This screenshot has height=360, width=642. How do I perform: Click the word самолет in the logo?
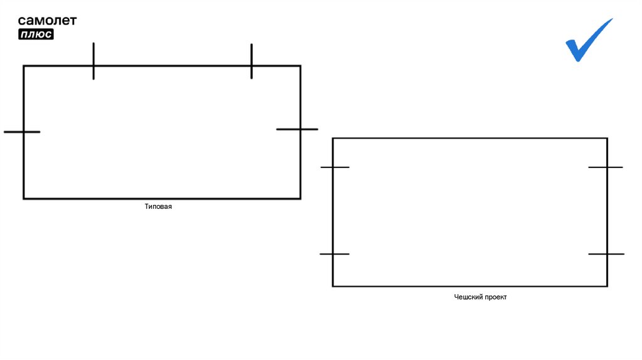tap(47, 21)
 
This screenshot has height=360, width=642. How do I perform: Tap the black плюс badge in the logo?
tap(36, 34)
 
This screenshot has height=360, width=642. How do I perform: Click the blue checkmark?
tap(587, 40)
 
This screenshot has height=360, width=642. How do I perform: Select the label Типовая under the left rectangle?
tap(158, 206)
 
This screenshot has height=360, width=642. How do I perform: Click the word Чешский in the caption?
tap(468, 297)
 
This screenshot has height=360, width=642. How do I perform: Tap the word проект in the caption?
tap(495, 297)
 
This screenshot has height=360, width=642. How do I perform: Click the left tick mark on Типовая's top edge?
tap(93, 61)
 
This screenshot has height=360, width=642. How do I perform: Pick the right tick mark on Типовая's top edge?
tap(251, 61)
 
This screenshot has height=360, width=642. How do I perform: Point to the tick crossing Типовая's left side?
tap(22, 132)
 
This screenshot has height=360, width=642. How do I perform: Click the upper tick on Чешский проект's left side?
tap(334, 167)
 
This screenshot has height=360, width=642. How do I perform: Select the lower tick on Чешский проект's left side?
tap(334, 254)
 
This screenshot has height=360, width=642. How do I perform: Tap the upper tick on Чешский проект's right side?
tap(606, 167)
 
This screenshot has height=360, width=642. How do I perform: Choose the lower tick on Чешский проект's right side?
tap(606, 254)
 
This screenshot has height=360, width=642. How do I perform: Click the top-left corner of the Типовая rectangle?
tap(24, 66)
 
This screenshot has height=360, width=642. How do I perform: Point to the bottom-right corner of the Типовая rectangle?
tap(300, 199)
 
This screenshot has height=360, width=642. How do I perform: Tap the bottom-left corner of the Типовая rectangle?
tap(24, 199)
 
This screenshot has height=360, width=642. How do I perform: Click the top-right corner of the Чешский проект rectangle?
tap(607, 139)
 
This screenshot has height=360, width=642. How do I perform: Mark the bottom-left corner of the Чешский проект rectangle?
tap(333, 286)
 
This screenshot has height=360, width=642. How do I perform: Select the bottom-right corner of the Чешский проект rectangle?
tap(607, 286)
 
